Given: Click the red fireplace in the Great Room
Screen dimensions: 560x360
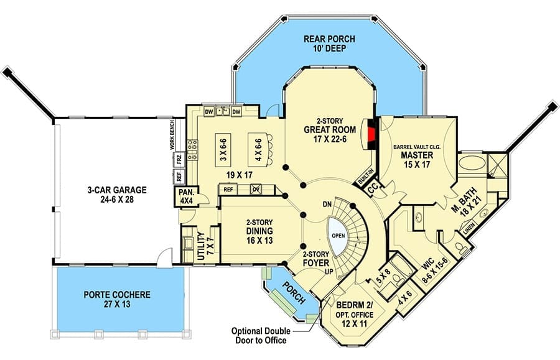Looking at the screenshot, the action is point(372,134).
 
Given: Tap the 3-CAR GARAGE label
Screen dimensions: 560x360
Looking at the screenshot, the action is point(117,195).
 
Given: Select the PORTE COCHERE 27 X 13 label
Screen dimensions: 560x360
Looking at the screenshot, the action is point(117,300).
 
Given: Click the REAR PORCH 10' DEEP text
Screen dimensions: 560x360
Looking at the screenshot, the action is point(329,43).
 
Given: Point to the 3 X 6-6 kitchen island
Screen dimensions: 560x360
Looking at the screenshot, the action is point(223,150).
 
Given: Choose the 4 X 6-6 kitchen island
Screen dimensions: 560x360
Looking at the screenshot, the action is point(258,150).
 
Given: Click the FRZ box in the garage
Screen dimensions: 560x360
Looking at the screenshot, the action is point(179,159).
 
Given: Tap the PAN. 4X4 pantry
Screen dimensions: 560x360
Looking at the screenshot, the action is point(187,196).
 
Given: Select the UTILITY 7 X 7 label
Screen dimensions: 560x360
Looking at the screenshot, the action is point(205,246).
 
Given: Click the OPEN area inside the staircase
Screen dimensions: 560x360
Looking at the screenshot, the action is point(338,236).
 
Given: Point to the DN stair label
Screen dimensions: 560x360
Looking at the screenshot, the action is point(327,205).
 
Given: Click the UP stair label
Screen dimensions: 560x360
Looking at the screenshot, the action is point(329,272).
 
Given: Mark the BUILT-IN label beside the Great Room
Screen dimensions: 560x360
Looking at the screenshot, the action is point(365,176).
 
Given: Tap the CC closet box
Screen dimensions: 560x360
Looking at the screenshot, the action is point(373,189).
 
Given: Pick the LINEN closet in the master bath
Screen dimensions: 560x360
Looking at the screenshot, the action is point(469,229).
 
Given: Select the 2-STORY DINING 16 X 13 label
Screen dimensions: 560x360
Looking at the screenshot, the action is point(259,231).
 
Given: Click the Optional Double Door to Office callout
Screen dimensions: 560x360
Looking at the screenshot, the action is point(261,335).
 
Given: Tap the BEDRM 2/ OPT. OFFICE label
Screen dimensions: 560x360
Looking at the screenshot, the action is point(355,315).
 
